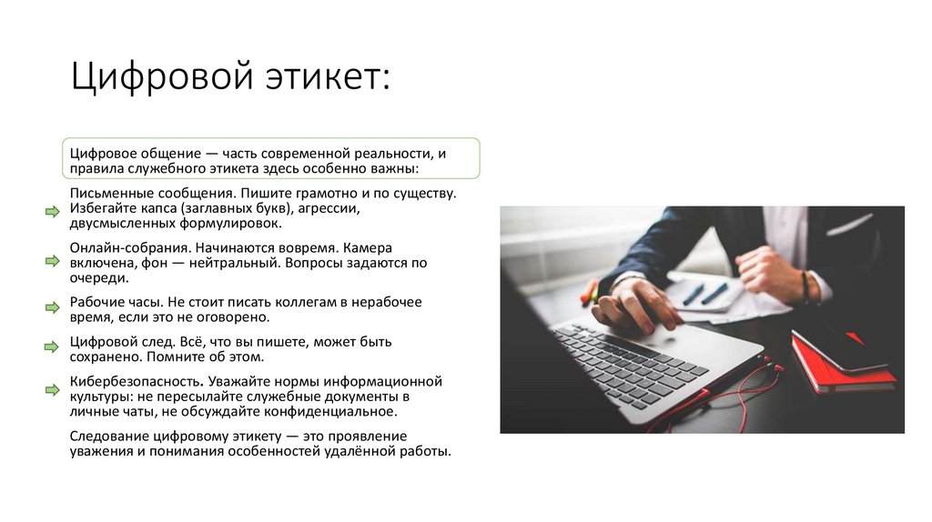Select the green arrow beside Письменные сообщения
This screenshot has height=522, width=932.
52,211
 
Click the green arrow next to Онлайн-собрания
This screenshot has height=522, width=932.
52,262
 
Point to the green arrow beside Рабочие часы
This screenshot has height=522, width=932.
52,307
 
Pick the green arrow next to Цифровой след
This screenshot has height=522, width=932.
52,347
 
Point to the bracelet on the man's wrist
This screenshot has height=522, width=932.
805,286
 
